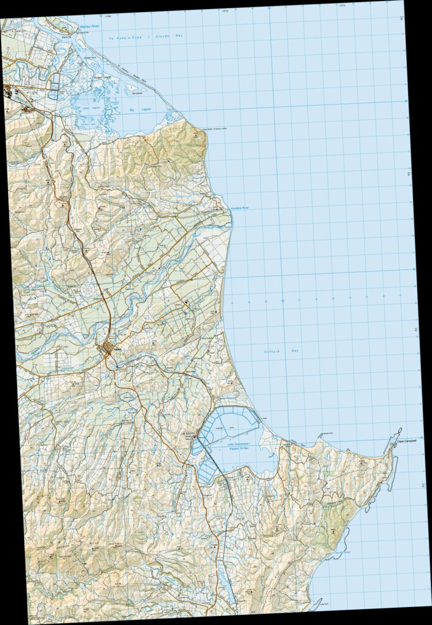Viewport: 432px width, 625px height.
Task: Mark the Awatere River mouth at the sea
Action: coord(230,212)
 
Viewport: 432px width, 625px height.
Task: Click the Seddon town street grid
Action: coord(108,351)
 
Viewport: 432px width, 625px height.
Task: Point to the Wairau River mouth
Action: coord(78,28)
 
